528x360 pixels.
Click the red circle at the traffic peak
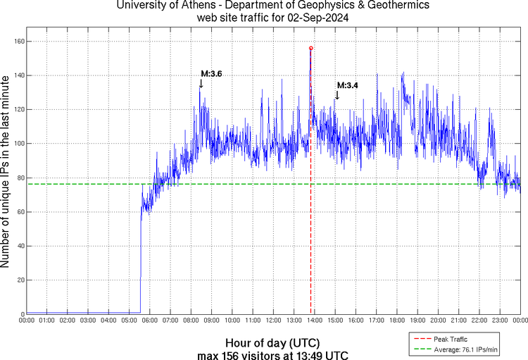(311, 49)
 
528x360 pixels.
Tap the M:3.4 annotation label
(348, 85)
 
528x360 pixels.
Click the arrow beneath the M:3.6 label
(201, 84)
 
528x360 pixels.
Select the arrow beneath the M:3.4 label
(337, 95)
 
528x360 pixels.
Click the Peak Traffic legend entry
(446, 340)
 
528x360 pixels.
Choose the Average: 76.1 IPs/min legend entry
(458, 349)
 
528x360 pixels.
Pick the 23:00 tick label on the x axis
(500, 321)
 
